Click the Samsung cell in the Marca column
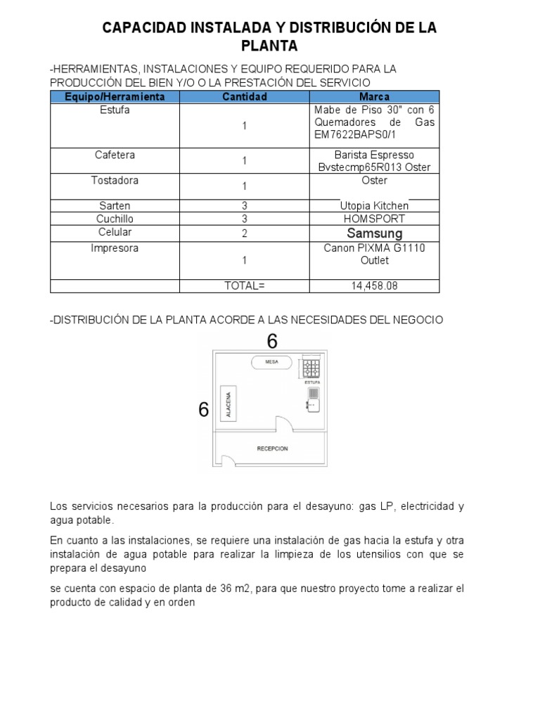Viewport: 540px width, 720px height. [375, 233]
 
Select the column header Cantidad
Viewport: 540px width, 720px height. [245, 96]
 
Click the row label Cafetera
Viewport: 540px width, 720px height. [115, 155]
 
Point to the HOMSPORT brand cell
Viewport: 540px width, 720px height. [374, 219]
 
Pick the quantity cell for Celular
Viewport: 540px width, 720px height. [245, 233]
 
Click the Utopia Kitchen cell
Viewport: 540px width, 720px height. [374, 206]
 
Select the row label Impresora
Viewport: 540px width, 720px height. [115, 248]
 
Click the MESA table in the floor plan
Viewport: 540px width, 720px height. [271, 362]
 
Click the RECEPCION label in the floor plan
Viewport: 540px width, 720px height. [273, 449]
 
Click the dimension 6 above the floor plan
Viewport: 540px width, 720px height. [272, 342]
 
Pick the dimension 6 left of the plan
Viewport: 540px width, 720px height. [204, 409]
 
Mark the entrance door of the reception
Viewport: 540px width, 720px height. [228, 461]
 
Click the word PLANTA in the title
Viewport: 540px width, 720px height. [269, 46]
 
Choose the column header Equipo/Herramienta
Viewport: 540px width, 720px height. [115, 96]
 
